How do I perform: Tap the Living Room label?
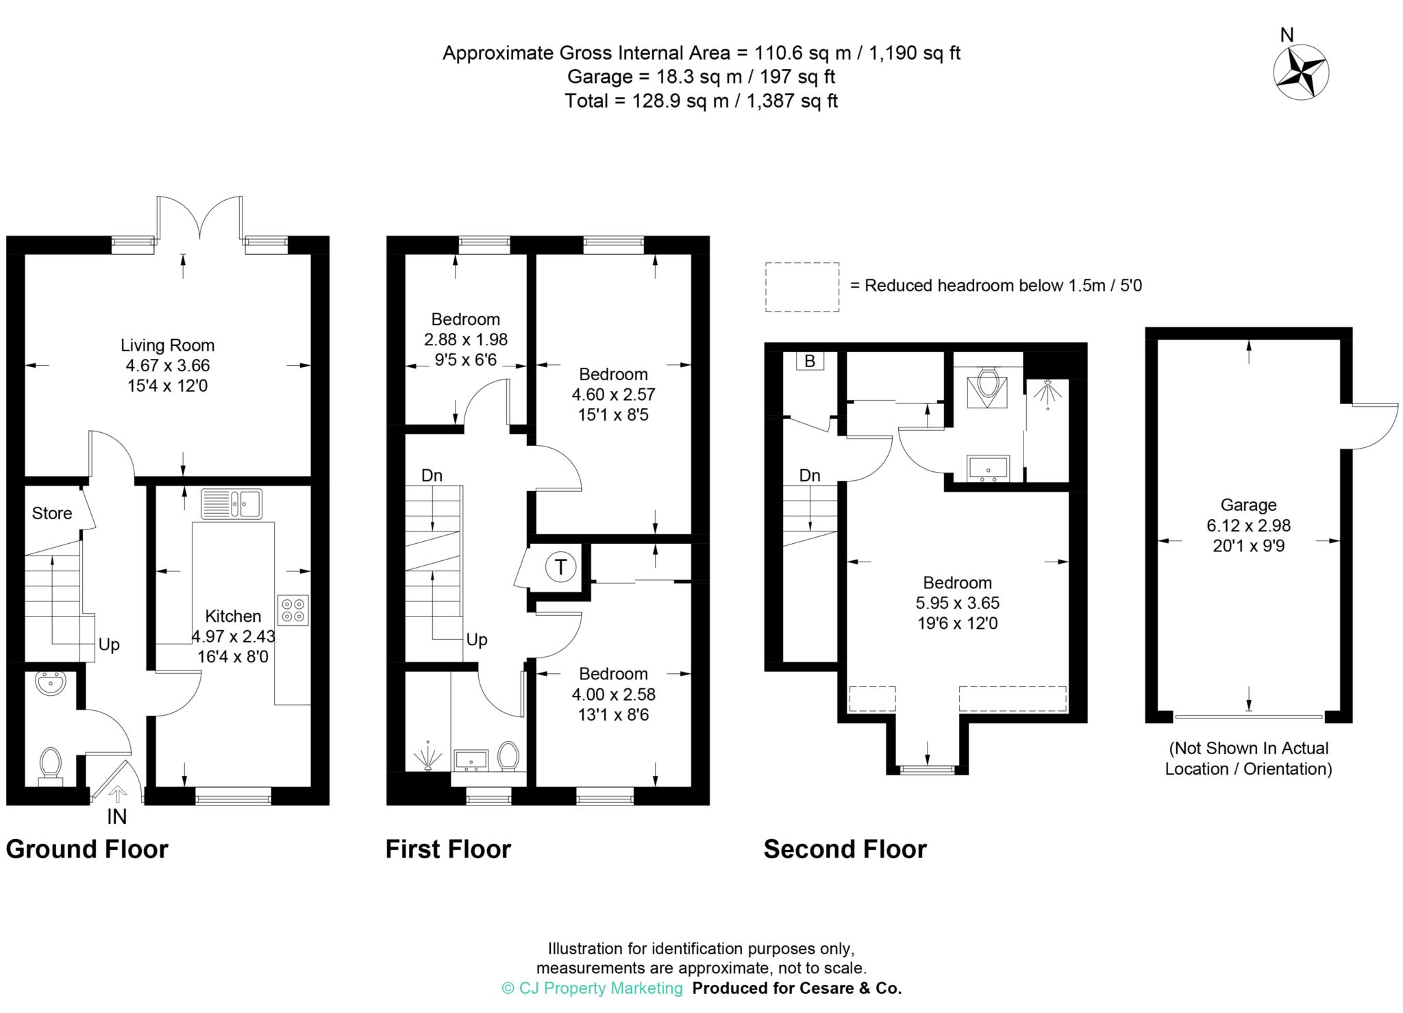pyautogui.click(x=168, y=345)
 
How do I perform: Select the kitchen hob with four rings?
pyautogui.click(x=293, y=610)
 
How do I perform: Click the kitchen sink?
pyautogui.click(x=232, y=503)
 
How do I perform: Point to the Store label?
pyautogui.click(x=52, y=513)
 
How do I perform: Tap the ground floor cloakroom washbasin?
pyautogui.click(x=50, y=683)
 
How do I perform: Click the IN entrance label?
pyautogui.click(x=116, y=816)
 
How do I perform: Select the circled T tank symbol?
pyautogui.click(x=561, y=567)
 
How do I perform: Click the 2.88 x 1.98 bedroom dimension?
pyautogui.click(x=466, y=339)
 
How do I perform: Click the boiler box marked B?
pyautogui.click(x=810, y=361)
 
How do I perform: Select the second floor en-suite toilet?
pyautogui.click(x=987, y=386)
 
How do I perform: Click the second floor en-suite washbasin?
pyautogui.click(x=988, y=468)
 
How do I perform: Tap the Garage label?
pyautogui.click(x=1248, y=505)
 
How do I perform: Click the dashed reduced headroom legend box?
pyautogui.click(x=802, y=287)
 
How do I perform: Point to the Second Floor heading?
pyautogui.click(x=845, y=849)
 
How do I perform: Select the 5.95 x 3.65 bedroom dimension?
pyautogui.click(x=958, y=603)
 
